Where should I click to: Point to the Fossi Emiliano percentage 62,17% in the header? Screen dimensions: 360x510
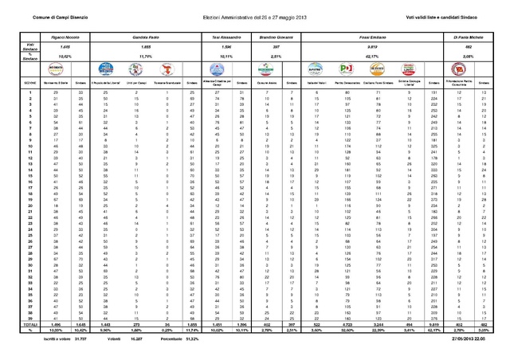pyautogui.click(x=373, y=57)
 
